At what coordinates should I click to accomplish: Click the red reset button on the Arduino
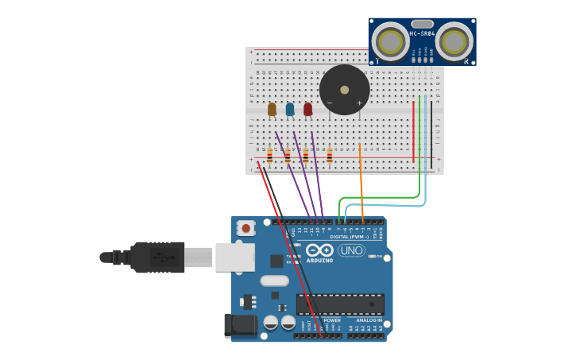(246, 228)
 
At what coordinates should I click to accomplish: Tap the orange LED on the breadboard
(272, 109)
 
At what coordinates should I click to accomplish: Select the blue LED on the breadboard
(290, 109)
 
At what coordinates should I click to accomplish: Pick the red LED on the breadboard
(307, 109)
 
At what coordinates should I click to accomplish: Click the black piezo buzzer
(344, 90)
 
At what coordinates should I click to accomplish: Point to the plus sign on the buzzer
(359, 103)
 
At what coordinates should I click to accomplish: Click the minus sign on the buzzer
(330, 103)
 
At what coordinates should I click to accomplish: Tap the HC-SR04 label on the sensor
(422, 33)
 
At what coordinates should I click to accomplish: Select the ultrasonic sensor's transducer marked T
(390, 41)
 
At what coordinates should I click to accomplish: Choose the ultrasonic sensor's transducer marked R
(454, 41)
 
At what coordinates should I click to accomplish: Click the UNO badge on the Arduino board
(351, 250)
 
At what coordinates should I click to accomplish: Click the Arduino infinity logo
(319, 250)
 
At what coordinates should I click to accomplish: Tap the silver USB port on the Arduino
(235, 257)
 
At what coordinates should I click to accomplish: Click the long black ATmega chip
(340, 304)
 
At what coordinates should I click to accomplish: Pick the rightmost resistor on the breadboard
(330, 156)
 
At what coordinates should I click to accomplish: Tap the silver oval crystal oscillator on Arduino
(274, 281)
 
